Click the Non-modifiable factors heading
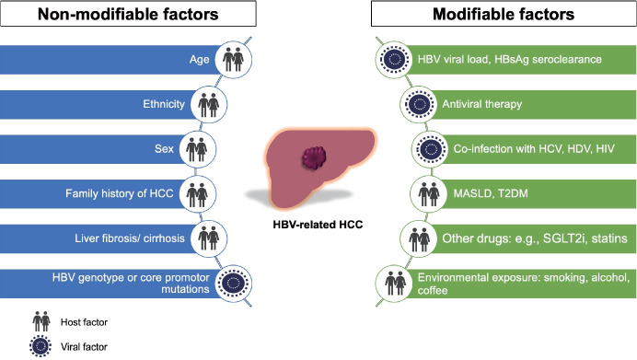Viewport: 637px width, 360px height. click(128, 14)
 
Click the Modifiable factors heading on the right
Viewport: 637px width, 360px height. click(504, 14)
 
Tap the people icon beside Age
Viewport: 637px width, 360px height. click(233, 59)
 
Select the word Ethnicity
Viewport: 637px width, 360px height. click(164, 104)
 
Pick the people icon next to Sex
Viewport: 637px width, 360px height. click(197, 149)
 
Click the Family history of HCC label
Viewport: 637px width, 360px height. click(120, 193)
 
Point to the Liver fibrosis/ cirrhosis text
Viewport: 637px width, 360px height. click(130, 238)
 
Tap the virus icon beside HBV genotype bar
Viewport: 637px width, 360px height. click(234, 283)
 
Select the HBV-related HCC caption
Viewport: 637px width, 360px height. click(318, 225)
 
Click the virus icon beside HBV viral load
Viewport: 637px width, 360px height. click(394, 59)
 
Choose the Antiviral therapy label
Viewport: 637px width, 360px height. click(481, 104)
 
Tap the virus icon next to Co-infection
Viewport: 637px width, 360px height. click(431, 149)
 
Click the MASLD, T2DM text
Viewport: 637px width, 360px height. click(491, 193)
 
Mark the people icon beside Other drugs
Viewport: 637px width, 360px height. click(419, 238)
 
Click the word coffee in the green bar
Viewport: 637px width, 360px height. click(433, 291)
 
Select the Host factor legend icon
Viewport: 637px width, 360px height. click(41, 322)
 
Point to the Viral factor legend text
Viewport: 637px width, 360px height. click(84, 347)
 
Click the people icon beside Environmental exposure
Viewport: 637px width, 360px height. click(395, 284)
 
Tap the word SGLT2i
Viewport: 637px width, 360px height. click(564, 238)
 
